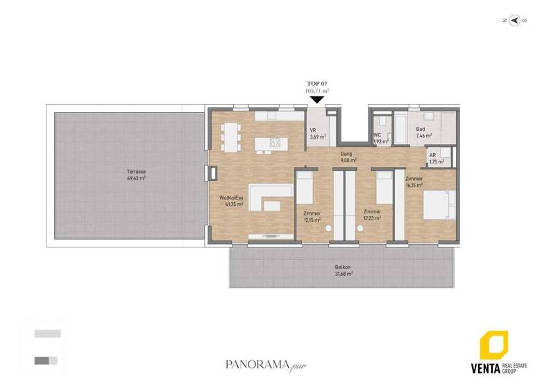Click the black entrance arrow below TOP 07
click(x=316, y=100)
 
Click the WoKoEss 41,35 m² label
click(x=231, y=201)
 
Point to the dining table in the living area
click(x=231, y=136)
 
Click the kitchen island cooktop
click(x=275, y=143)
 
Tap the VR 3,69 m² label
click(x=317, y=134)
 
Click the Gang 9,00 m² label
click(x=347, y=157)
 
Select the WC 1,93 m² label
click(x=379, y=139)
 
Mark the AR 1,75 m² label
click(x=436, y=159)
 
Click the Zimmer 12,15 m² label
click(x=312, y=215)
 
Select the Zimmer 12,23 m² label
click(x=372, y=215)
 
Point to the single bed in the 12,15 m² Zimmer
click(x=305, y=188)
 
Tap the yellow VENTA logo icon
click(x=494, y=346)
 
